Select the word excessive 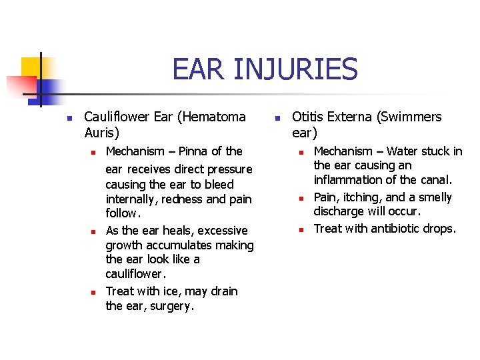coord(223,230)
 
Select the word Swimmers coord(409,117)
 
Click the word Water coord(403,151)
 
